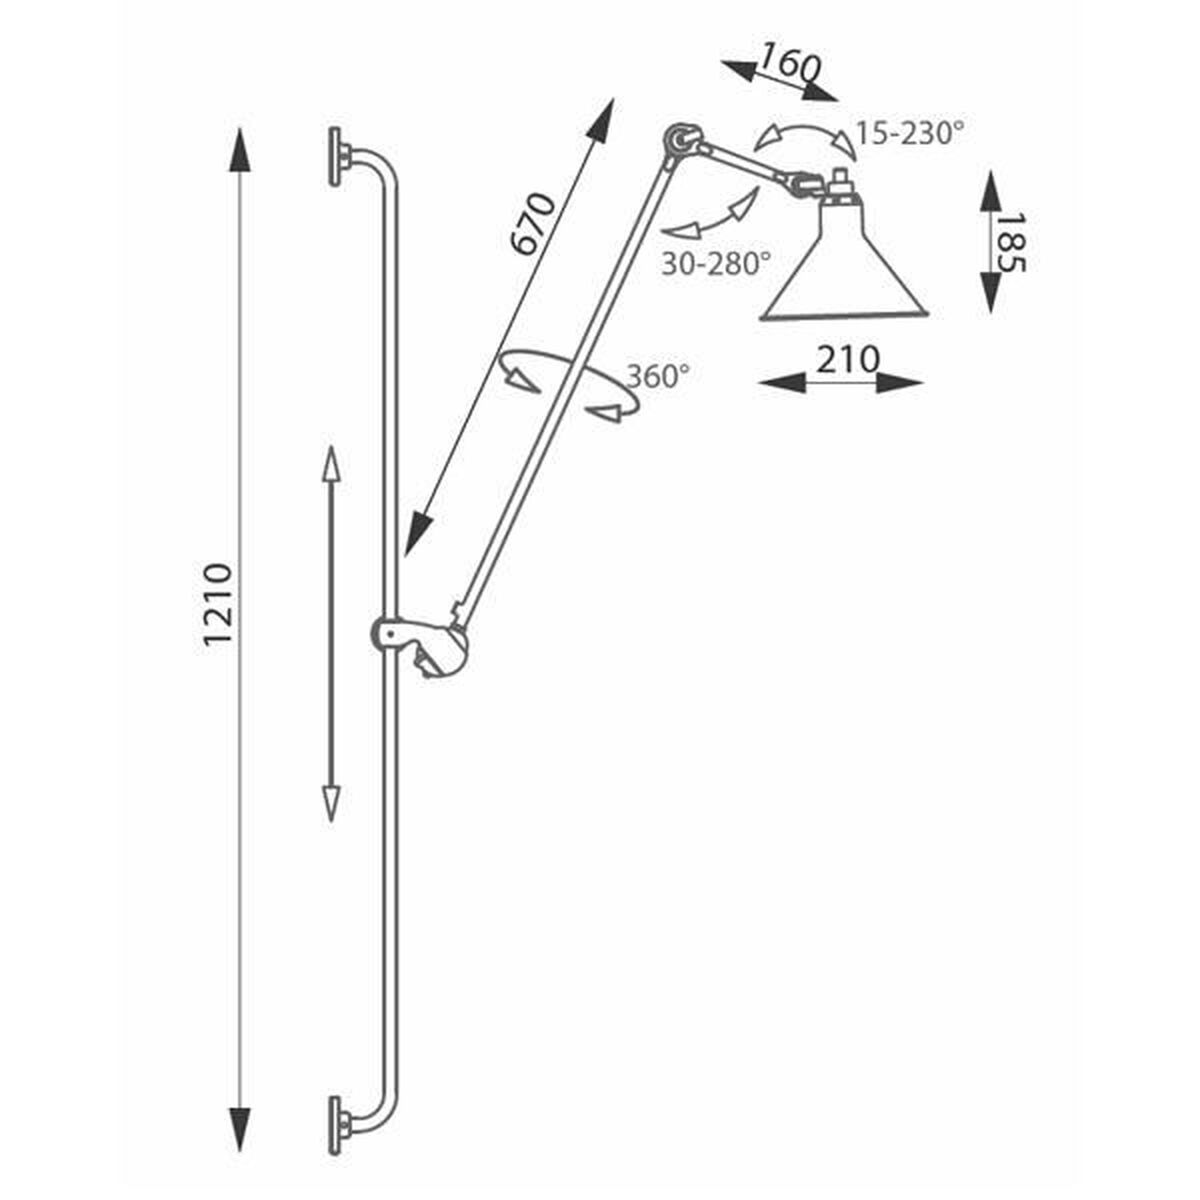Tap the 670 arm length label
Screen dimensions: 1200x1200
point(532,224)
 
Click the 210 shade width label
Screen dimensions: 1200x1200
point(848,359)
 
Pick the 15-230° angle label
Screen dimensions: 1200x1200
point(910,133)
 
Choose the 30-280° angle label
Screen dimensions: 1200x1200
point(716,263)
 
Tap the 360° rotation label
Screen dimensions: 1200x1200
point(658,376)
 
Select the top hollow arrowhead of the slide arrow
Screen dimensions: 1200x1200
point(331,465)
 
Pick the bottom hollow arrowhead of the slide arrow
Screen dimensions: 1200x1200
point(331,803)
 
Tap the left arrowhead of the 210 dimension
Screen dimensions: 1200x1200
point(782,384)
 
